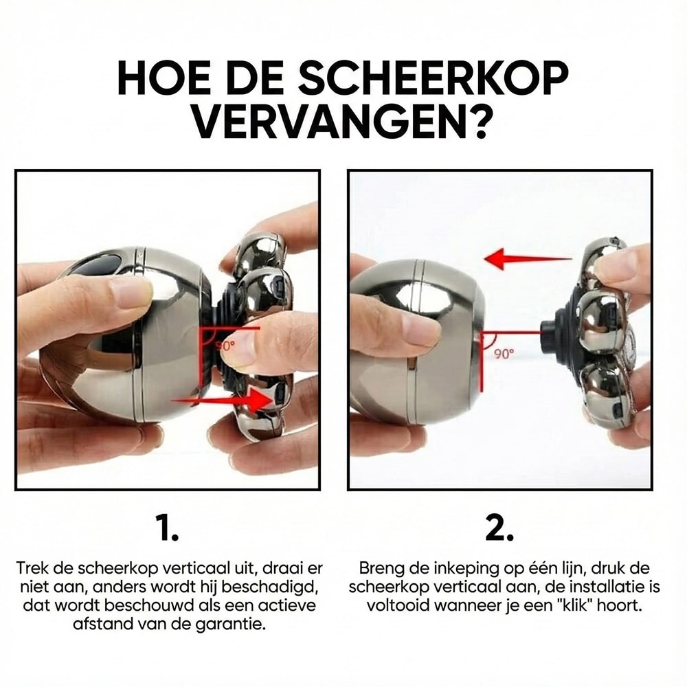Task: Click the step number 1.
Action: click(168, 528)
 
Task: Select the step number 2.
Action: click(500, 528)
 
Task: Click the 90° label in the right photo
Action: click(504, 353)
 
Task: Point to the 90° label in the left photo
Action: click(225, 346)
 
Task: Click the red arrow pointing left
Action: click(528, 260)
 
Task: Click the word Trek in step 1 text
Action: click(32, 568)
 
